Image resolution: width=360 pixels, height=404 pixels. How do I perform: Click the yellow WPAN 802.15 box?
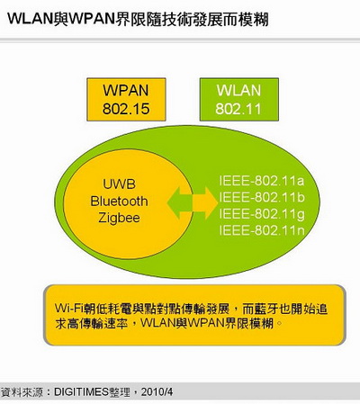[126, 100]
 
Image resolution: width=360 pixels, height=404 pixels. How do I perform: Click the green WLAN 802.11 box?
[239, 100]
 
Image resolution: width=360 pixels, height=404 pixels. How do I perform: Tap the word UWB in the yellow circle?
[119, 184]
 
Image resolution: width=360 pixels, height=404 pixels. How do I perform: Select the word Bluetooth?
[119, 201]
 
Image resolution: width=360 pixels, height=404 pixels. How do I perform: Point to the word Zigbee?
[119, 218]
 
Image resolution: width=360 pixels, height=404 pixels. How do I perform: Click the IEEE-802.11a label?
[262, 181]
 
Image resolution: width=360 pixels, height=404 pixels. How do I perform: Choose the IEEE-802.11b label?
[262, 197]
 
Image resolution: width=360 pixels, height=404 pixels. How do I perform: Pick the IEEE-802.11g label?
[262, 214]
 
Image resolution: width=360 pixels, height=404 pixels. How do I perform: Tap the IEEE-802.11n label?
[262, 230]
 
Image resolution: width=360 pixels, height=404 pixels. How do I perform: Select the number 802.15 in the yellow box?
[126, 109]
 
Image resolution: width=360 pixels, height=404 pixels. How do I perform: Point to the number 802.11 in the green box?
[238, 109]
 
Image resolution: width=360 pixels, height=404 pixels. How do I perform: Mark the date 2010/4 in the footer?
[157, 391]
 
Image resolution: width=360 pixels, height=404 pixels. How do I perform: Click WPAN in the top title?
[93, 19]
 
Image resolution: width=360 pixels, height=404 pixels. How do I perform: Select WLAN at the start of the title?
[31, 19]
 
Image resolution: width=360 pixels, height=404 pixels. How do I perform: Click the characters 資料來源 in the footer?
[21, 391]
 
